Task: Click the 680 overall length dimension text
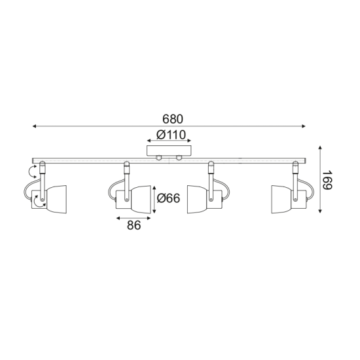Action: click(173, 119)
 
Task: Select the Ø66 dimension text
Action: click(169, 198)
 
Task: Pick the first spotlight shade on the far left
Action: click(55, 198)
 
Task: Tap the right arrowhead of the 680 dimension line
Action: click(305, 126)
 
